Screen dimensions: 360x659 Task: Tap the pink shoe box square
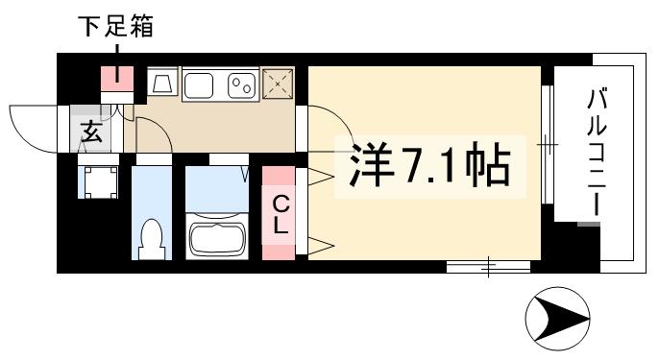pyautogui.click(x=118, y=75)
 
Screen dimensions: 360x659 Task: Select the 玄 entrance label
pyautogui.click(x=90, y=132)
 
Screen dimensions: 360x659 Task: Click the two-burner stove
pyautogui.click(x=240, y=85)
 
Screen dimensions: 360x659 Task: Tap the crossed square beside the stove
pyautogui.click(x=279, y=84)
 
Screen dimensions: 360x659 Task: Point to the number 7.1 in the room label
pyautogui.click(x=425, y=169)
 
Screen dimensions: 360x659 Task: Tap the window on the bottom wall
pyautogui.click(x=488, y=266)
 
